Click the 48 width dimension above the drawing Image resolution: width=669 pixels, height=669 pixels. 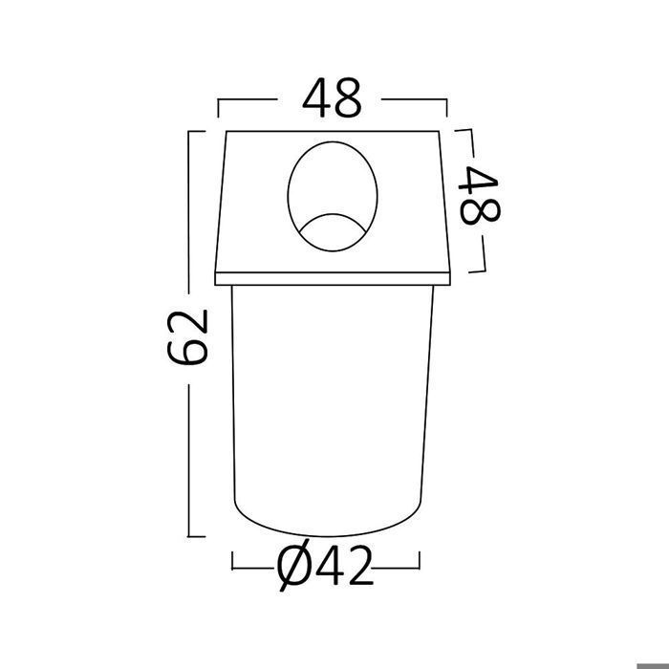click(332, 97)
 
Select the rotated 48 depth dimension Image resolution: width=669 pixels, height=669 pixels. click(479, 195)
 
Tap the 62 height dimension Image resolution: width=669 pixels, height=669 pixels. click(187, 337)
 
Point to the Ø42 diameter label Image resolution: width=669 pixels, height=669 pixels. click(325, 566)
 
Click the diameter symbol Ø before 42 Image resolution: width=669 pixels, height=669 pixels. click(294, 566)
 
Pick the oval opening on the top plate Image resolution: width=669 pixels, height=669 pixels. click(333, 197)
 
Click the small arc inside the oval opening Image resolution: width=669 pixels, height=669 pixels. click(333, 215)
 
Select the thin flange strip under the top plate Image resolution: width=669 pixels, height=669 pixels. click(333, 279)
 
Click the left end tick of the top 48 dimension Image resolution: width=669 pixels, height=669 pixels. click(218, 108)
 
